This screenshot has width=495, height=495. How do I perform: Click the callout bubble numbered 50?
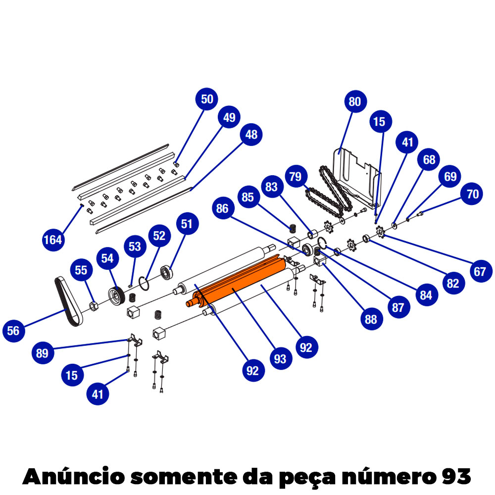tap(207, 99)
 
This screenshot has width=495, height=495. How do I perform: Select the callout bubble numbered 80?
tap(354, 102)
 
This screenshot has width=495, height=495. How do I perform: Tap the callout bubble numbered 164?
tap(53, 240)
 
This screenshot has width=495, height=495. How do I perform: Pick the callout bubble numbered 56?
tap(14, 330)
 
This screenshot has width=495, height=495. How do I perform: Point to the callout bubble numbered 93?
tap(280, 358)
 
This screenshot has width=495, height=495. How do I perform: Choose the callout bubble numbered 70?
tap(473, 194)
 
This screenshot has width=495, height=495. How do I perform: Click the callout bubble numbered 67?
tap(479, 271)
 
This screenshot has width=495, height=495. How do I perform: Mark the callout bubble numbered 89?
tap(43, 353)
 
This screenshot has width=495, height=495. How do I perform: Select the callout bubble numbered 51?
tap(186, 224)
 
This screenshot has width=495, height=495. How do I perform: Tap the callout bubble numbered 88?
tap(370, 319)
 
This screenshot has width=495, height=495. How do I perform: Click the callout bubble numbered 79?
tap(296, 177)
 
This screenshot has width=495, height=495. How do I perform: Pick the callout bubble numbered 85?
tap(247, 197)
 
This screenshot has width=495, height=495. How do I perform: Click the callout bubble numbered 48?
tap(251, 134)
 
